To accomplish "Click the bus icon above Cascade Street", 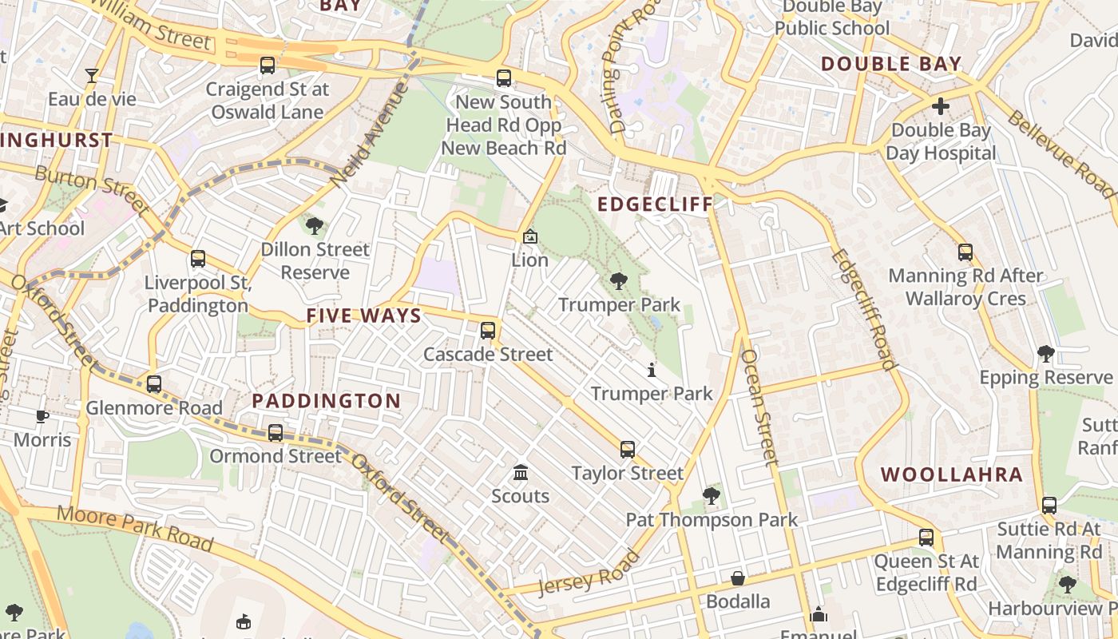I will [x=488, y=330].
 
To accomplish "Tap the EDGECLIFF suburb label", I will [x=655, y=204].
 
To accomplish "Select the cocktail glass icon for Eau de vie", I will [x=92, y=76].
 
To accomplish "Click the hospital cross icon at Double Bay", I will [x=941, y=105].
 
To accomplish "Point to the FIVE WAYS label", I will [x=363, y=316].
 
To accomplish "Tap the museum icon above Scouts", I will [x=521, y=472].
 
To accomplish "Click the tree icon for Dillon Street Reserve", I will [x=315, y=225].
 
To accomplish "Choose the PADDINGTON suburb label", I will [x=327, y=401].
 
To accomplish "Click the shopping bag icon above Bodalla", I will [x=738, y=577].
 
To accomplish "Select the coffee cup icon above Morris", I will [x=42, y=416].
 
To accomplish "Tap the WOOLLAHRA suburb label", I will [x=951, y=474].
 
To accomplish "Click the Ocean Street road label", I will [x=759, y=407].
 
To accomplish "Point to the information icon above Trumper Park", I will [x=652, y=370].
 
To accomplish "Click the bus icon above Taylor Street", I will [x=628, y=450].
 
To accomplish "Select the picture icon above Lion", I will [x=529, y=236].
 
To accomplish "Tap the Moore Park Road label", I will [x=136, y=529].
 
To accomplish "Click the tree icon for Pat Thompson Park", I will [x=711, y=496].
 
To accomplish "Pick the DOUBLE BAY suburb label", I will [x=890, y=64].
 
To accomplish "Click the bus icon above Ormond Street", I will [x=276, y=432].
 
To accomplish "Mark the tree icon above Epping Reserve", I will [x=1045, y=353].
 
